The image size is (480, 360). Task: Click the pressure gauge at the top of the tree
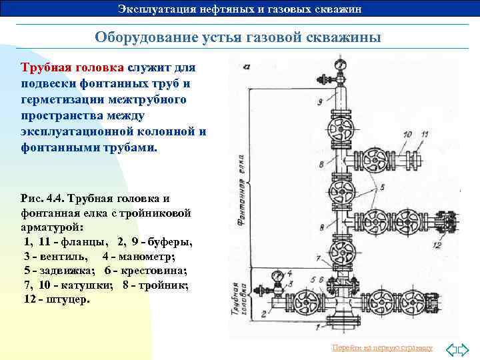point(341,65)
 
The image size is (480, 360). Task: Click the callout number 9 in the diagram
point(321,102)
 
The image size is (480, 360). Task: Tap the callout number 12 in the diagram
point(437,245)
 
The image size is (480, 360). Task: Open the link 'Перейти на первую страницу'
point(381,348)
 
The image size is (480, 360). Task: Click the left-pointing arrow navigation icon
point(451,348)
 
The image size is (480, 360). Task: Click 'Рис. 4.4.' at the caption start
point(44,199)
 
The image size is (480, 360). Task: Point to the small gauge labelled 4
point(277,275)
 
